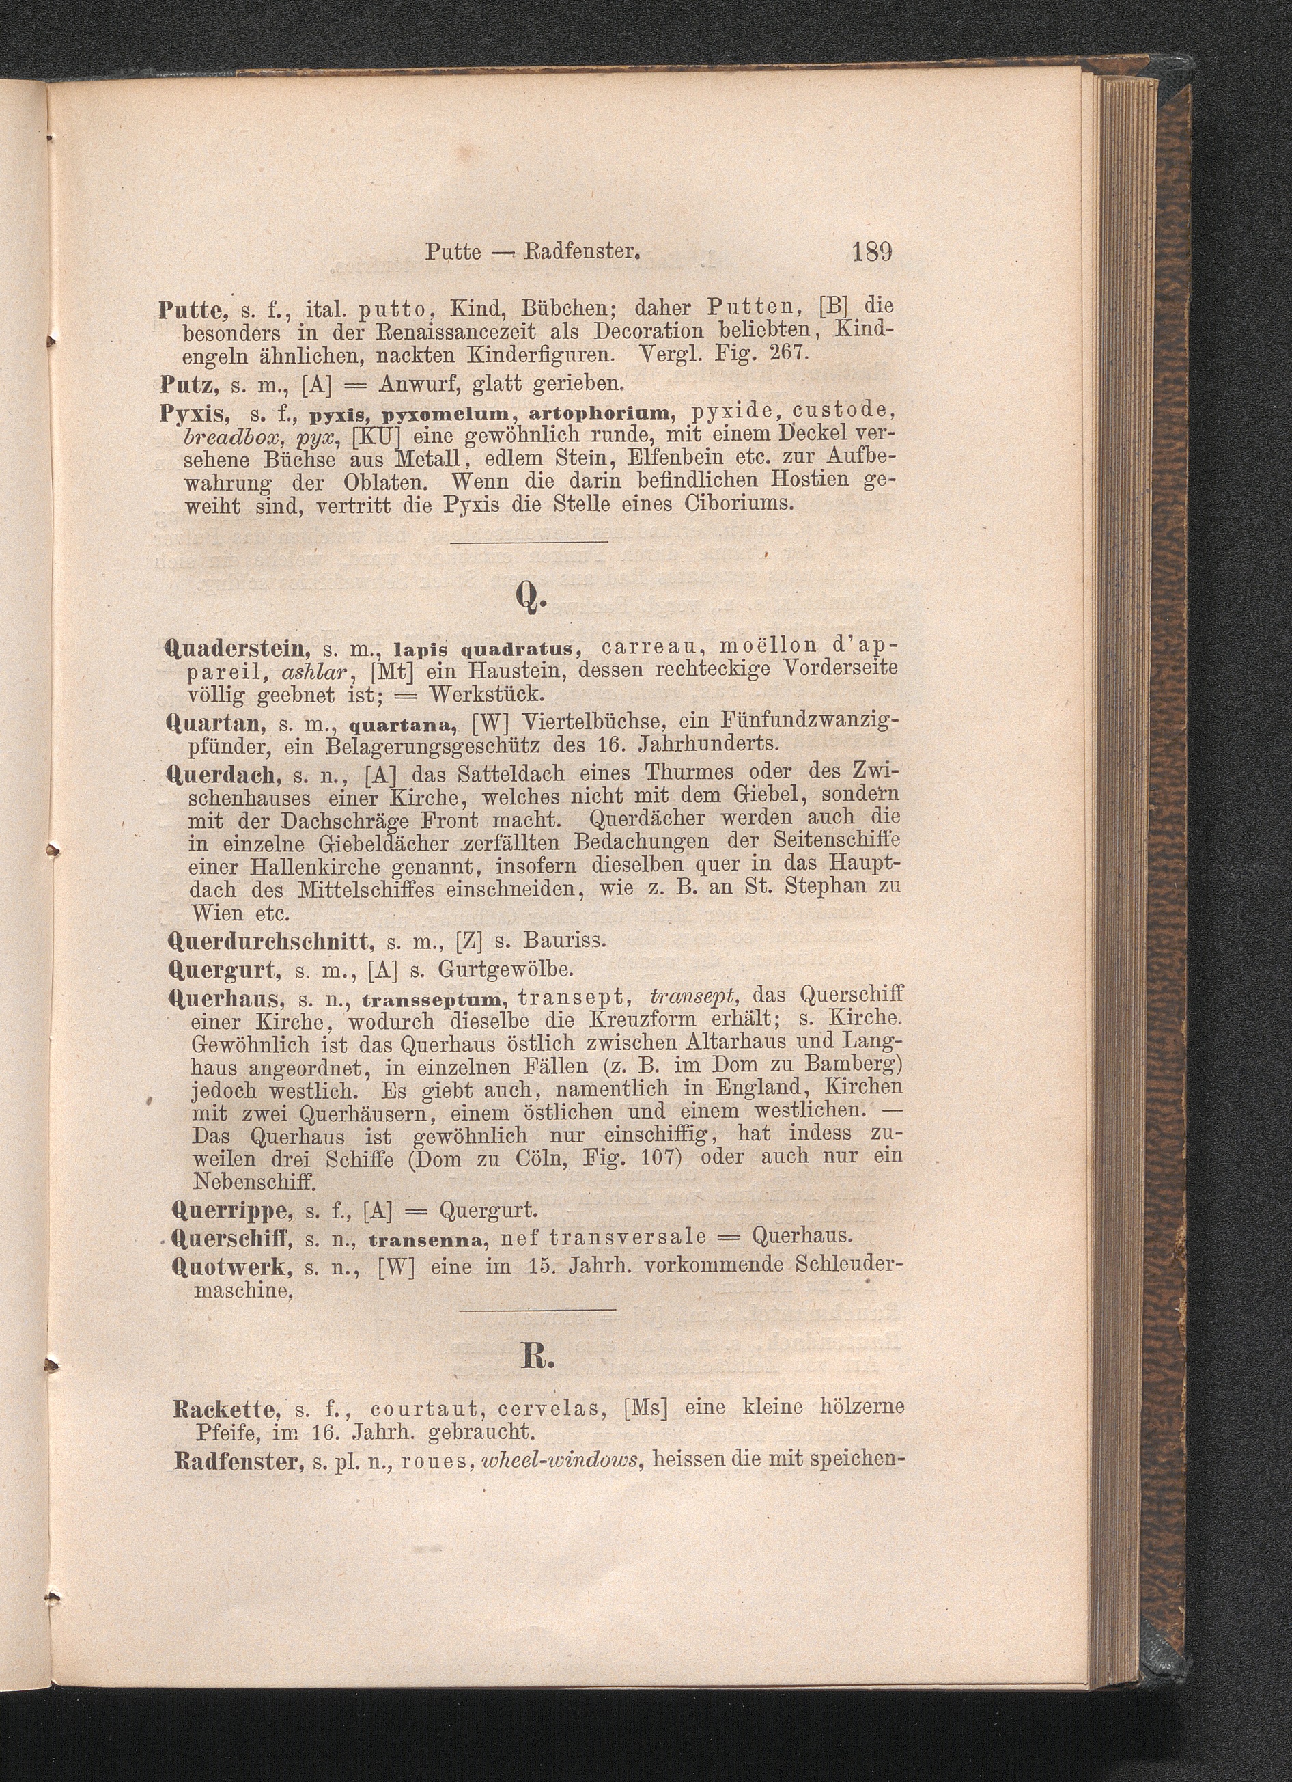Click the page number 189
[x=870, y=253]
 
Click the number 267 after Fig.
[x=786, y=353]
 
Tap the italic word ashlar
[x=318, y=672]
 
